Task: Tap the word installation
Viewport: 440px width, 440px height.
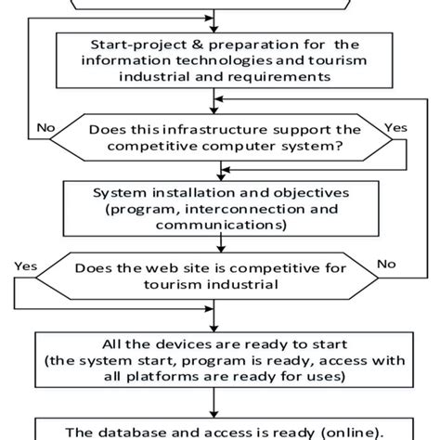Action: tap(187, 192)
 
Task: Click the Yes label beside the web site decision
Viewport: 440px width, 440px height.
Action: tap(27, 265)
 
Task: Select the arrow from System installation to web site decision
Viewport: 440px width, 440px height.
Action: tap(220, 243)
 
